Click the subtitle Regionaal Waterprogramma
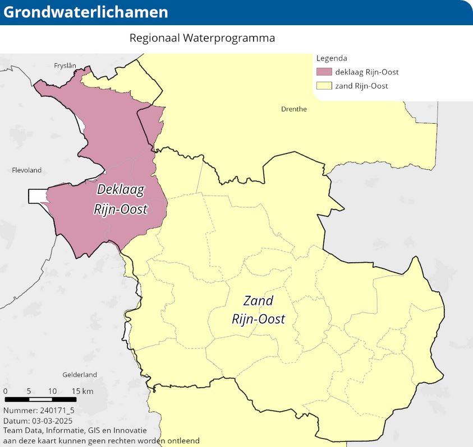point(202,39)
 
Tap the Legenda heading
point(332,58)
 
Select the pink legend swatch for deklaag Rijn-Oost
point(324,72)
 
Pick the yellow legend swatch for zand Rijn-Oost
point(324,86)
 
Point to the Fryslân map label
point(65,66)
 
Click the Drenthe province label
point(293,109)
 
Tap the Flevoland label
point(26,170)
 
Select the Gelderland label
point(80,375)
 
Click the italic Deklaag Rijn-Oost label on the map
point(120,199)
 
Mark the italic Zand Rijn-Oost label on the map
point(259,310)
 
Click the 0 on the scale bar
point(5,391)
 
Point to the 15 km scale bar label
point(82,391)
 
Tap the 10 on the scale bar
point(52,391)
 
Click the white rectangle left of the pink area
point(37,196)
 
